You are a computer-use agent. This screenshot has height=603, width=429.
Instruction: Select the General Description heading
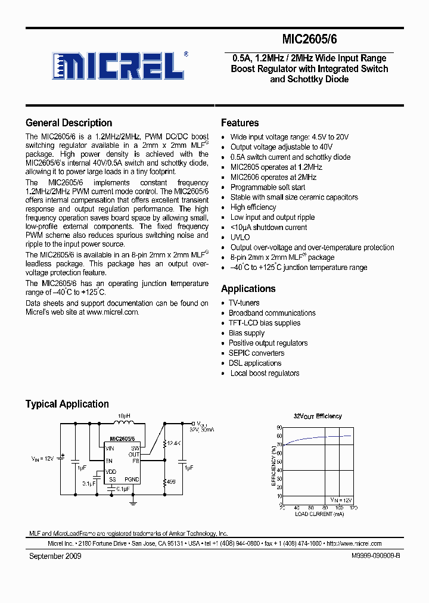tap(69, 123)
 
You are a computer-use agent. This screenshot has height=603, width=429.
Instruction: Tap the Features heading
tap(240, 123)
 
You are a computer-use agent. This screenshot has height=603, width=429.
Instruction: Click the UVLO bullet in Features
tap(240, 237)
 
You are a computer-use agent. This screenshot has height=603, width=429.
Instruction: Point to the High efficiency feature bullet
tap(253, 207)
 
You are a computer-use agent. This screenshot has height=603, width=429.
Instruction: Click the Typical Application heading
tap(67, 404)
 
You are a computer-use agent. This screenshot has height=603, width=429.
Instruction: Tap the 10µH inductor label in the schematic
tap(123, 415)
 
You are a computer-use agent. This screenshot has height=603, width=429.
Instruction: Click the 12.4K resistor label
tap(174, 443)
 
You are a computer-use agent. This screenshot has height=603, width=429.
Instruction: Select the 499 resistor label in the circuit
tap(171, 481)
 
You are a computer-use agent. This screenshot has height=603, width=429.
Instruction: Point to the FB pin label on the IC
tap(135, 461)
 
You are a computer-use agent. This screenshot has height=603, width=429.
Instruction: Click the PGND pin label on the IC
tap(132, 479)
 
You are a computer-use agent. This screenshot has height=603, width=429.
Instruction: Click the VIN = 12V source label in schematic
tap(42, 459)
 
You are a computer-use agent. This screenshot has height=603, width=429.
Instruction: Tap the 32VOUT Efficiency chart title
tap(318, 416)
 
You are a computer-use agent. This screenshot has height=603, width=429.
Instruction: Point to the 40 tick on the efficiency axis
tap(279, 471)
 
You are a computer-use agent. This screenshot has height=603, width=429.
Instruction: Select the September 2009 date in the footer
tap(55, 556)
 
